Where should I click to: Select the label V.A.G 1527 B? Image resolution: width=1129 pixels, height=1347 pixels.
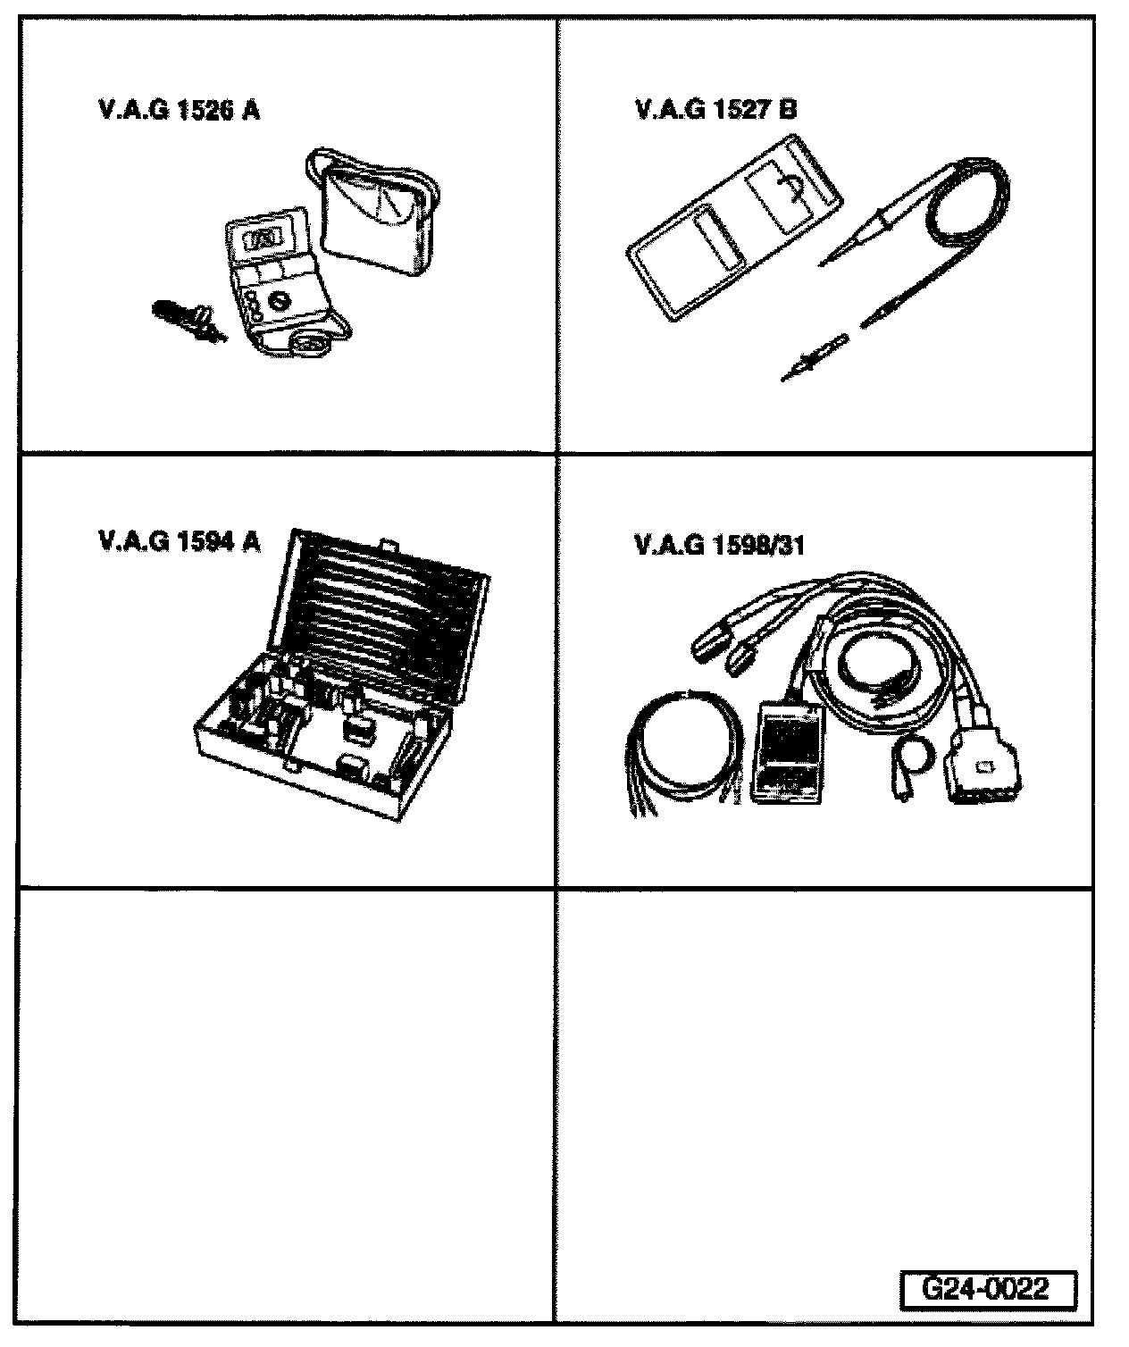click(715, 110)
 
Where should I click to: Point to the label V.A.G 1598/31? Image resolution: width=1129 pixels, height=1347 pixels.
click(720, 545)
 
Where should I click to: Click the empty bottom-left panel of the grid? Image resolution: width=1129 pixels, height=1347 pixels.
click(287, 1108)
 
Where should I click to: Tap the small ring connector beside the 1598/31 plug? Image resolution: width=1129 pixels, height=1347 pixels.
click(914, 752)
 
